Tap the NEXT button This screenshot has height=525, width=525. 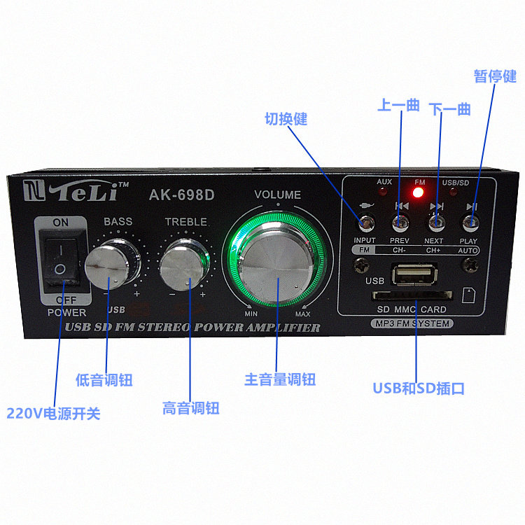coord(437,224)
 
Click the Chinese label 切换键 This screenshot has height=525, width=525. coord(286,119)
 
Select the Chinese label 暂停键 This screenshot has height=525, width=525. coord(495,76)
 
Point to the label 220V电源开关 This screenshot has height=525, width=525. coord(53,414)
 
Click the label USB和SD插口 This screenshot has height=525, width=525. coord(419,388)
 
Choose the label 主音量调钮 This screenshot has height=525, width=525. coord(280,379)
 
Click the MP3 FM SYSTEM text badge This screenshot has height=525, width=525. coord(412,323)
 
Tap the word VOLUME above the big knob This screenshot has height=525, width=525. coord(278,195)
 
